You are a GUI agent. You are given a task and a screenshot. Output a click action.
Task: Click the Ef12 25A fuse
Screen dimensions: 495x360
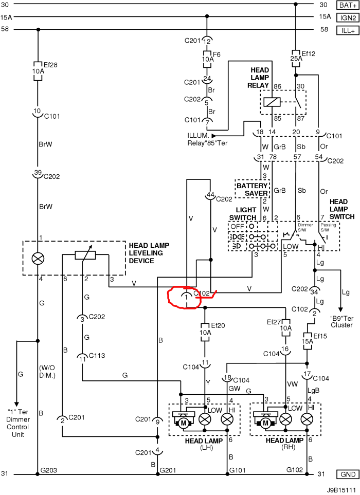[296, 56]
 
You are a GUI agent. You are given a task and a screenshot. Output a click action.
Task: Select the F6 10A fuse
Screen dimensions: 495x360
[207, 59]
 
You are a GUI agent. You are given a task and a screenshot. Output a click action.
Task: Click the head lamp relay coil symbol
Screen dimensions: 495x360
[271, 102]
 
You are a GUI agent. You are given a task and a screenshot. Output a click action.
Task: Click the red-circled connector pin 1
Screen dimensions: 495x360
[186, 297]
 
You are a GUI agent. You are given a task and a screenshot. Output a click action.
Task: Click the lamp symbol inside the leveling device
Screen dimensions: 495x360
[38, 258]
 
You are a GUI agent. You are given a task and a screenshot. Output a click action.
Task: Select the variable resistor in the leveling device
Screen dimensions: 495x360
[85, 255]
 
